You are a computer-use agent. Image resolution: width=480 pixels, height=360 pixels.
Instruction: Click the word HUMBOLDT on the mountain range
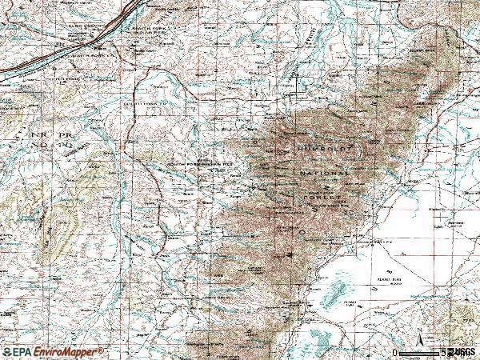tap(323, 150)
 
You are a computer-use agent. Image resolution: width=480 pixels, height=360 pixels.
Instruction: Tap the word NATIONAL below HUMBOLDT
tap(325, 173)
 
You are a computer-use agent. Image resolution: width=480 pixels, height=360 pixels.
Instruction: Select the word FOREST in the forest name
tap(322, 195)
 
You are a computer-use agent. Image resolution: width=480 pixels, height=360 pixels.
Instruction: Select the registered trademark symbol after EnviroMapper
tap(102, 350)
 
